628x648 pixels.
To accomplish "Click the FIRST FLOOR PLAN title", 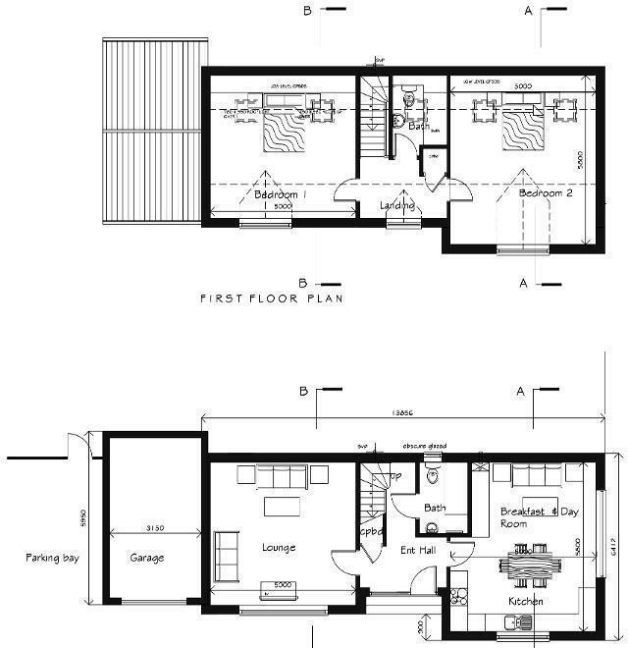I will pyautogui.click(x=271, y=297).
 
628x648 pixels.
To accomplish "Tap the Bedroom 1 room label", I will pyautogui.click(x=282, y=194).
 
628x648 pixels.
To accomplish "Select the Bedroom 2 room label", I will pyautogui.click(x=546, y=193).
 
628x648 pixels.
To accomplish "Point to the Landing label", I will pyautogui.click(x=397, y=205).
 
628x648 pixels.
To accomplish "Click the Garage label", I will pyautogui.click(x=147, y=557).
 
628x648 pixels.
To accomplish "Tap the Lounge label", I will pyautogui.click(x=279, y=547).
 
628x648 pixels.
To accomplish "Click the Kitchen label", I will pyautogui.click(x=525, y=601).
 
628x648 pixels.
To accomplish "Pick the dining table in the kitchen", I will pyautogui.click(x=520, y=567).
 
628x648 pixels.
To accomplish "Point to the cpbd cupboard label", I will pyautogui.click(x=370, y=531).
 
